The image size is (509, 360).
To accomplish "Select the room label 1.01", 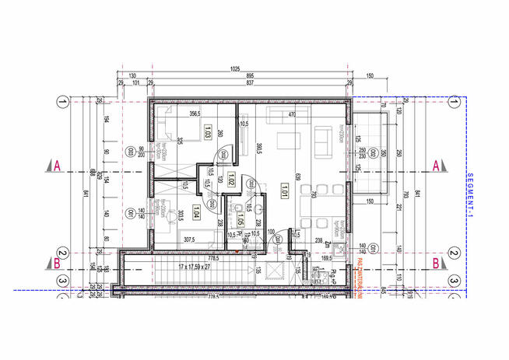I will [x=286, y=189].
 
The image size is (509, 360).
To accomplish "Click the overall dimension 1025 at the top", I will [x=235, y=68].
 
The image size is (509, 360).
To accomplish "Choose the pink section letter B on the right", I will [x=437, y=263].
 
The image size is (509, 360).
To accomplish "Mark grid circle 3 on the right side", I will [x=453, y=281].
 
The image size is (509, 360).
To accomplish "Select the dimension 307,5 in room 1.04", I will [x=190, y=239].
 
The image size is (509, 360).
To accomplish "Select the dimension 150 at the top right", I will [x=370, y=75].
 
